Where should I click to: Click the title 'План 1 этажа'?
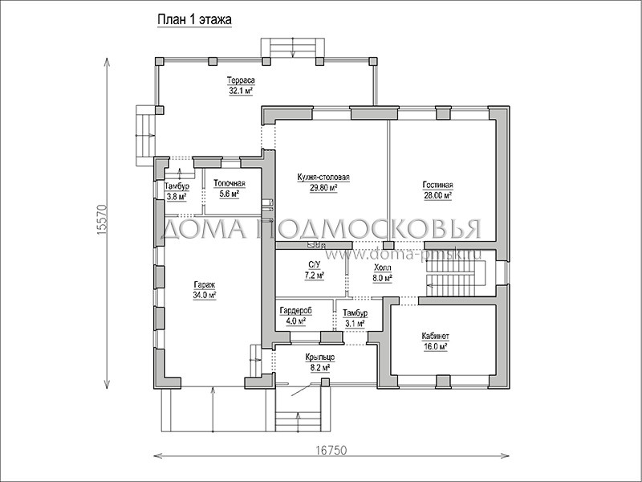tap(194, 19)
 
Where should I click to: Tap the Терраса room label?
tap(242, 80)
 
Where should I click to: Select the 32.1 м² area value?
tap(241, 91)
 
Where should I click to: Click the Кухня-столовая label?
tap(323, 177)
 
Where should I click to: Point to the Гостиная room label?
tap(437, 186)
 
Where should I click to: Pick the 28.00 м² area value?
tap(437, 195)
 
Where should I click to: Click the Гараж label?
tap(205, 284)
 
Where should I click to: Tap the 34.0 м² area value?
tap(205, 295)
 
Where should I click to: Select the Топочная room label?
tap(230, 184)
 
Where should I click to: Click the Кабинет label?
tap(435, 336)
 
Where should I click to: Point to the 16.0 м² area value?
tap(435, 346)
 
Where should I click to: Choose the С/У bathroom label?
tap(314, 266)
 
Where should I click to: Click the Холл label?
tap(383, 268)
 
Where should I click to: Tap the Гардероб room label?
tap(295, 311)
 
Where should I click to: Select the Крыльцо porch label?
tap(319, 357)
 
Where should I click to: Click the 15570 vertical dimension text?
tap(102, 219)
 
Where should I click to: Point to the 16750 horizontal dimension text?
tap(331, 451)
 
